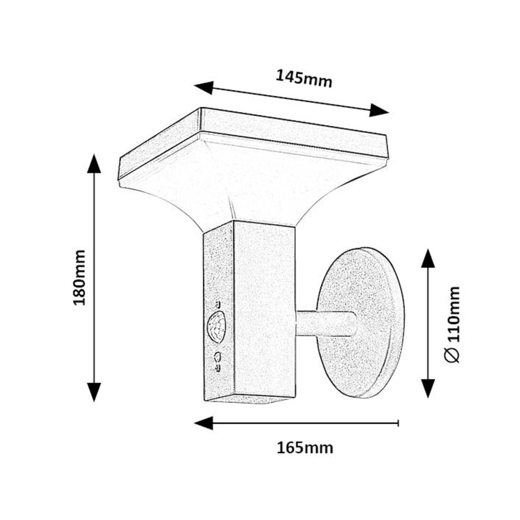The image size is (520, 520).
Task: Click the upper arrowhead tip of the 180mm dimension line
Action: click(x=94, y=154)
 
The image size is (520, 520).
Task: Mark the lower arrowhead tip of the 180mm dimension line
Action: click(x=94, y=402)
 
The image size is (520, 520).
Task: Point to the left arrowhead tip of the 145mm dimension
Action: click(x=195, y=86)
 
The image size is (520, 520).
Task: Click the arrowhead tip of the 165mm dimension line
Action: click(x=195, y=423)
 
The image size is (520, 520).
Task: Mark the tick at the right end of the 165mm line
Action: click(x=398, y=423)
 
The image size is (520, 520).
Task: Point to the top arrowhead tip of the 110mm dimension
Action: click(x=428, y=249)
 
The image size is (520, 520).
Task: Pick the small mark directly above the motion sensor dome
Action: click(x=218, y=303)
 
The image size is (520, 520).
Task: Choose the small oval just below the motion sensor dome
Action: click(x=218, y=356)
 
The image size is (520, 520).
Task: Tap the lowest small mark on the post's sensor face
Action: click(x=218, y=368)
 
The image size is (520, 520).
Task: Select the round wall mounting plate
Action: click(x=361, y=323)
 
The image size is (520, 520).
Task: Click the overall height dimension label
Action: click(x=79, y=277)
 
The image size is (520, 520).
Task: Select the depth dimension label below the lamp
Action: click(x=305, y=448)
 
